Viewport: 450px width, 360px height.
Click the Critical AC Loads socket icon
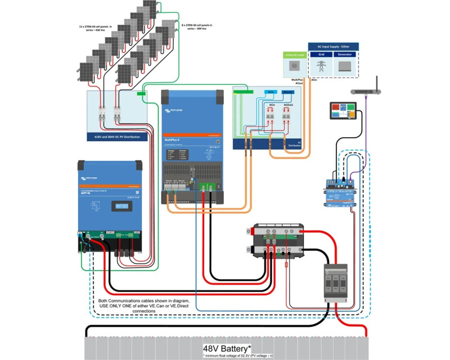tap(294, 66)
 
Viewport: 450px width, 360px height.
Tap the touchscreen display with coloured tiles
tap(343, 110)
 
